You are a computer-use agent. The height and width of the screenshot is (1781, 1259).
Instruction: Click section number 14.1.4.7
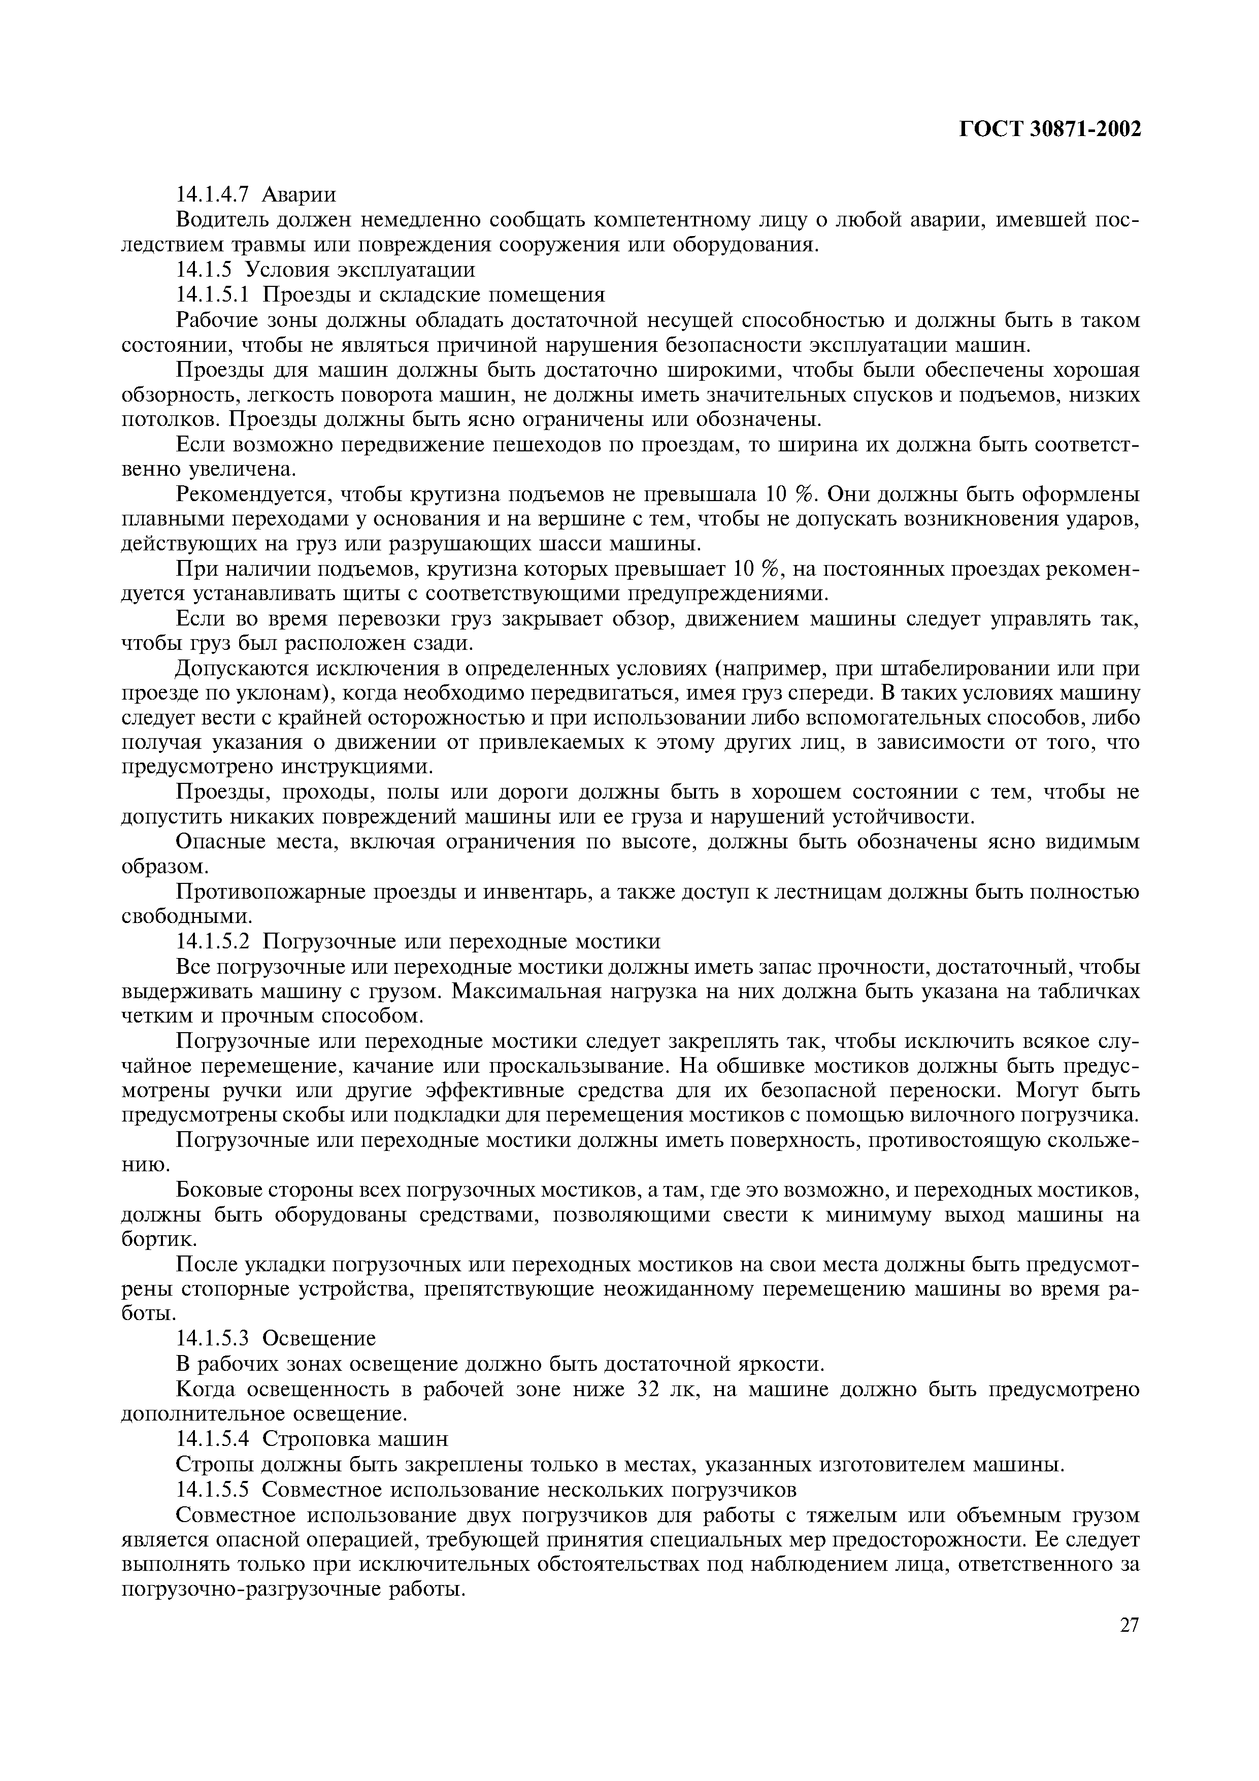coord(213,194)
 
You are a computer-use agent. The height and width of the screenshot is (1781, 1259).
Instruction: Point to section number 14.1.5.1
coord(213,295)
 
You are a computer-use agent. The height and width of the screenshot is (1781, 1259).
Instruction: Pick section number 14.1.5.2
coord(213,942)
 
